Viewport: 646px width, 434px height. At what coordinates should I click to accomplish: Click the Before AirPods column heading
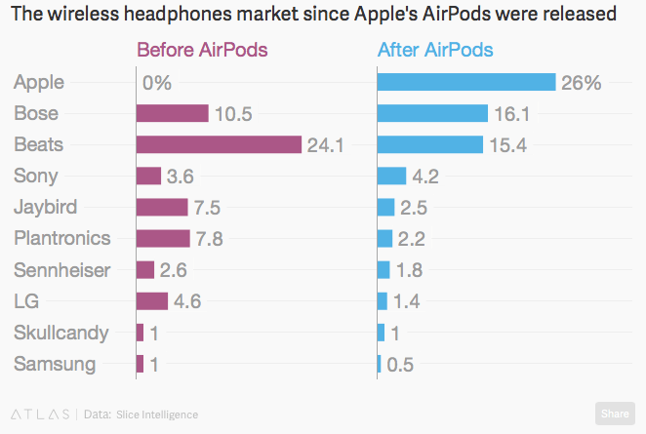[202, 50]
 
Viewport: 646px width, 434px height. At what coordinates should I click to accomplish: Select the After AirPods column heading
[434, 50]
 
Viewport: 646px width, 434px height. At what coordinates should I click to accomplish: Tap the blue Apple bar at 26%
[465, 83]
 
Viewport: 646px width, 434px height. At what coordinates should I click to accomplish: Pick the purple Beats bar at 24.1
[219, 144]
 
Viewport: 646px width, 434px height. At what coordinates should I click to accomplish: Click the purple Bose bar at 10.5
[172, 114]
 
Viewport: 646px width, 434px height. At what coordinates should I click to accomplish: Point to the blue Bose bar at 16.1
[432, 114]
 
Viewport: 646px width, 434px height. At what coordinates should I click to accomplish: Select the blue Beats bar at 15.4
[430, 144]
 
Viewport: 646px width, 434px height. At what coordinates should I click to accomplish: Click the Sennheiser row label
[62, 269]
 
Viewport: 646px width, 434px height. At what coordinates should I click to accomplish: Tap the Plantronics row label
[62, 238]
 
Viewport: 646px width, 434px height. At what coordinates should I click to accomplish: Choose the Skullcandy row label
[61, 333]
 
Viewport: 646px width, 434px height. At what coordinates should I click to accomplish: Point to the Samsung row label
[55, 364]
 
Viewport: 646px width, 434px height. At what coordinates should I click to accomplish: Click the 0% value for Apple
[157, 84]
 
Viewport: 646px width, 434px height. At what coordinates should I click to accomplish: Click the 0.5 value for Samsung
[401, 365]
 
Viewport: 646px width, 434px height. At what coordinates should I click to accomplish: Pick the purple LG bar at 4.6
[152, 301]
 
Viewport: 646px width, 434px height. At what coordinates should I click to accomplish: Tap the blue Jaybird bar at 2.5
[385, 207]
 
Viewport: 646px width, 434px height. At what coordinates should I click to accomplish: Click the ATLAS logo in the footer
[39, 414]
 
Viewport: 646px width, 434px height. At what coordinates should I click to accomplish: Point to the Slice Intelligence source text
[156, 414]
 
